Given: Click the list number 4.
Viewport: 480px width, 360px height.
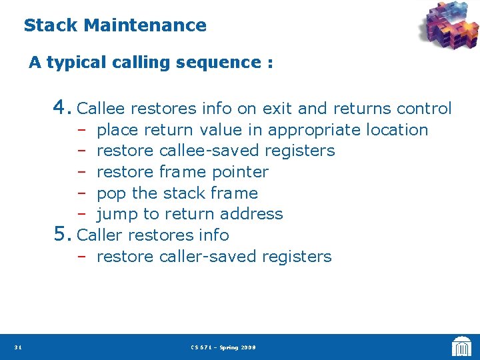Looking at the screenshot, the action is (x=62, y=107).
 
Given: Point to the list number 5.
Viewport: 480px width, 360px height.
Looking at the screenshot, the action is (x=62, y=235).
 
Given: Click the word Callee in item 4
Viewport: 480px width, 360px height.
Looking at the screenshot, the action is (x=102, y=108).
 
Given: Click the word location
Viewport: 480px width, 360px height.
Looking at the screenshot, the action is (x=396, y=130).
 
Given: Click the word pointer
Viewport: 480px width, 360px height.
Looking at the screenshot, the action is (x=240, y=172).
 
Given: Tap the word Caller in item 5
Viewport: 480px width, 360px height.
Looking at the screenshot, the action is (x=100, y=235).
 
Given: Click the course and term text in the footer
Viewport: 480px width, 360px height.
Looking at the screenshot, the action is (x=223, y=347).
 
